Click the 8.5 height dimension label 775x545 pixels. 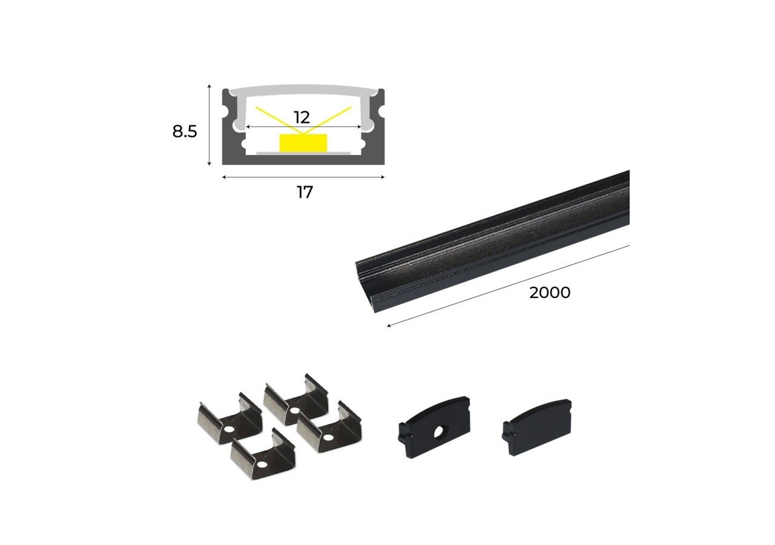185,131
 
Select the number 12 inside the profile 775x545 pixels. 302,117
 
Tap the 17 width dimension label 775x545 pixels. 305,193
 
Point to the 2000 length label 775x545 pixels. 549,292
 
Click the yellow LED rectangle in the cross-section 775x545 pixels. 303,143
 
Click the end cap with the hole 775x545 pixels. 434,428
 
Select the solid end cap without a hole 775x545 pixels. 536,428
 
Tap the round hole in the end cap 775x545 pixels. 439,431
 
